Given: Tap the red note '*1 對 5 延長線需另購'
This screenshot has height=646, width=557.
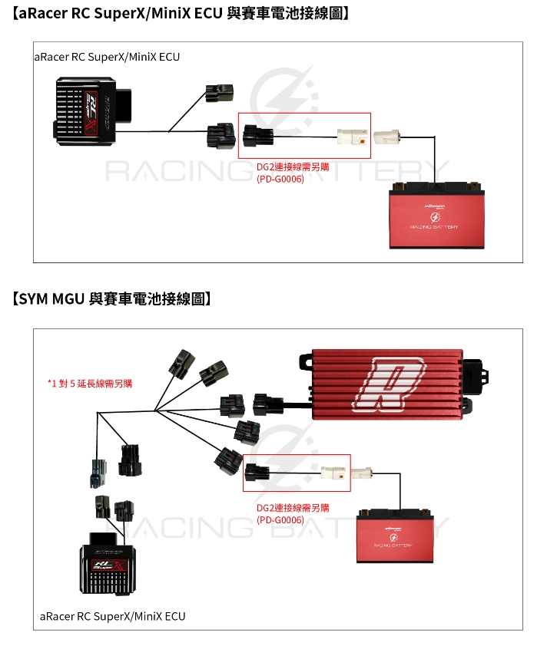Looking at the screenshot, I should click(89, 383).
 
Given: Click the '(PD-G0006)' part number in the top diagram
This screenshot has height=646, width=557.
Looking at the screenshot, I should click(280, 179).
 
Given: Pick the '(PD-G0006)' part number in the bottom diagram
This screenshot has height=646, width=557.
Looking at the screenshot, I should click(280, 519).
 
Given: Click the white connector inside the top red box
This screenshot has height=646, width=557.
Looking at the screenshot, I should click(350, 138).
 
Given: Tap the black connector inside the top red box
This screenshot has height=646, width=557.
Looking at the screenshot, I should click(254, 138).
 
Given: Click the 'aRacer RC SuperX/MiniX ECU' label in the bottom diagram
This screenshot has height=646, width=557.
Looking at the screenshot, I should click(112, 616).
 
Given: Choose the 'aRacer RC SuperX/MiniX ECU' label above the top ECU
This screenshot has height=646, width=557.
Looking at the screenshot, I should click(108, 57).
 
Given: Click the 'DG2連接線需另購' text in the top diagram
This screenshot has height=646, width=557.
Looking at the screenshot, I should click(293, 166).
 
